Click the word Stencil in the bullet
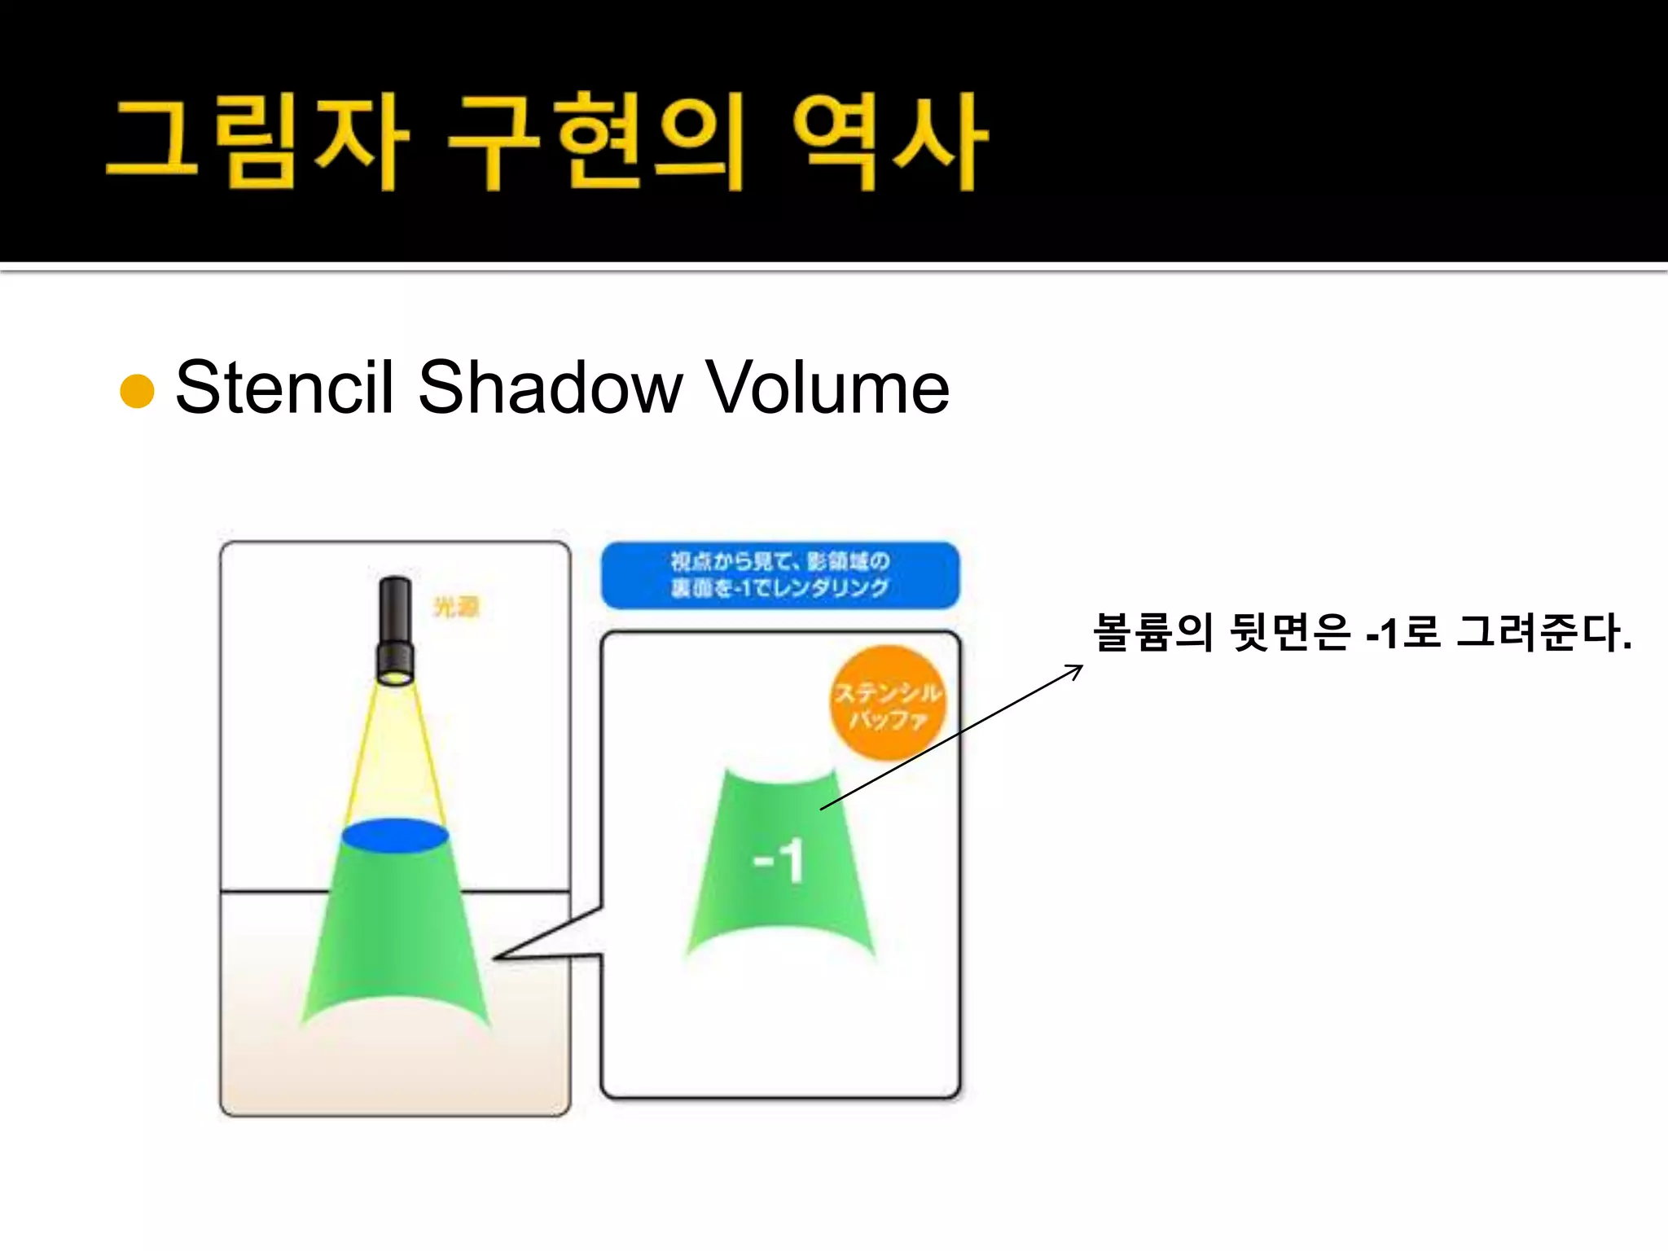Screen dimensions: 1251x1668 click(x=284, y=387)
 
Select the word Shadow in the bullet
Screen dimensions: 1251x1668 click(x=550, y=387)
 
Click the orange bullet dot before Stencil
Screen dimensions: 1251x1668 click(x=137, y=391)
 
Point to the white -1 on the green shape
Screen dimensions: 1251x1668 click(x=779, y=861)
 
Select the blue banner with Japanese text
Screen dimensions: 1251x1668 click(x=779, y=574)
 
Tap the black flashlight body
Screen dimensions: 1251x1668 click(x=396, y=627)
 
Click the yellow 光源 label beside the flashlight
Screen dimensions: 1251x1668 click(x=456, y=607)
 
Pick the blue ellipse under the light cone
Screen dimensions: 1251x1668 click(x=395, y=836)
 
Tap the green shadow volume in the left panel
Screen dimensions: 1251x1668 click(x=395, y=937)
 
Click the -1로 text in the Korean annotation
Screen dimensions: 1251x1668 click(x=1403, y=632)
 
